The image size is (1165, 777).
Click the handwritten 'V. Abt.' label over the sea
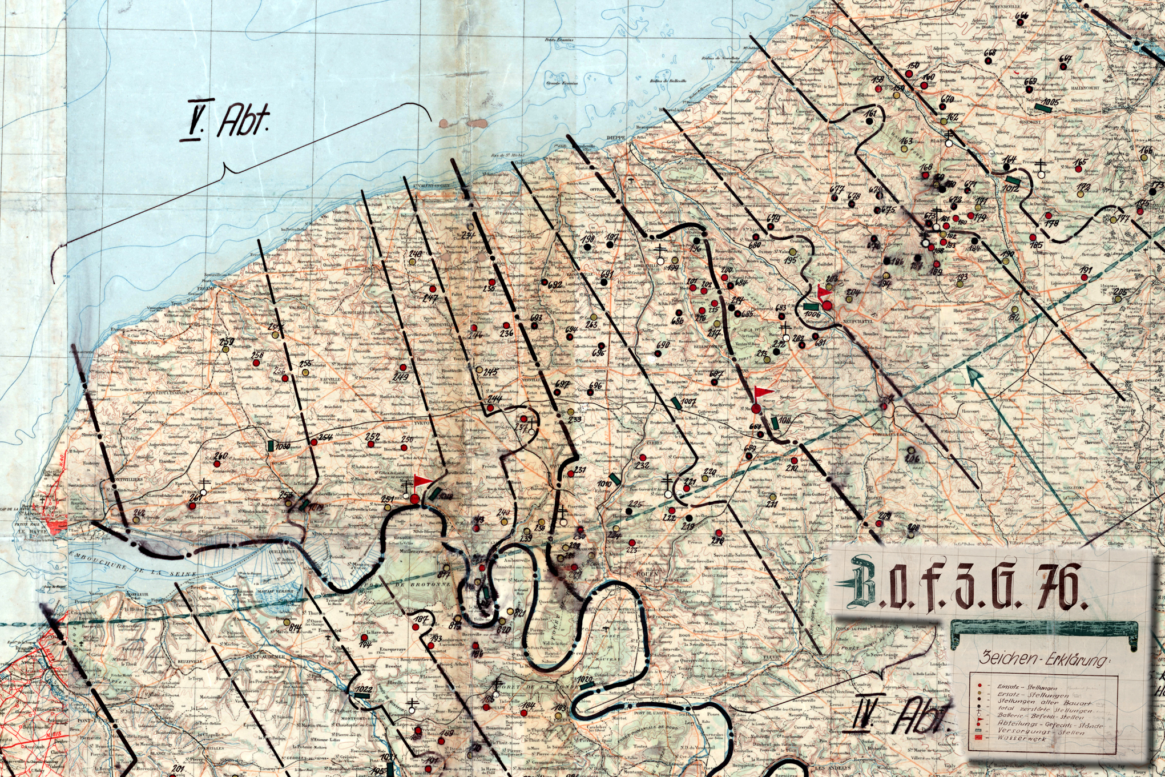(225, 121)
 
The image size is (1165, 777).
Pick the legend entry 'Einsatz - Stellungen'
(1027, 687)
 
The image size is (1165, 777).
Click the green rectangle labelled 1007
(676, 402)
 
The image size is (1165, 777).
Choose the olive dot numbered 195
(793, 252)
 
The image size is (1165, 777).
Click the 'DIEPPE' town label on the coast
(615, 138)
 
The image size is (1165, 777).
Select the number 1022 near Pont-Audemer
(363, 690)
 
